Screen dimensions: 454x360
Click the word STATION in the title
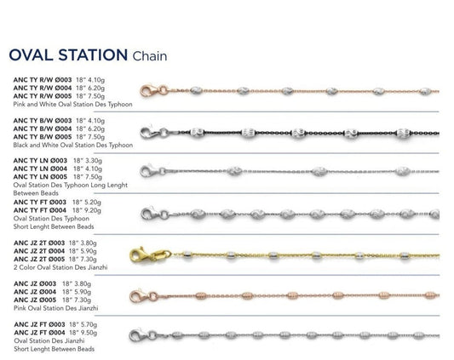click(93, 55)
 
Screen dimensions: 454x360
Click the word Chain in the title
click(150, 56)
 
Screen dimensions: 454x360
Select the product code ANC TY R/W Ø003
click(43, 80)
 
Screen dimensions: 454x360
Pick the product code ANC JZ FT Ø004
click(40, 333)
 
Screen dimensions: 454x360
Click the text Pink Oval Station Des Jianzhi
click(56, 308)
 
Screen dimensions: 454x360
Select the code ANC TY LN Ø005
click(40, 177)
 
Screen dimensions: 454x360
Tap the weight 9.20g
click(90, 210)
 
